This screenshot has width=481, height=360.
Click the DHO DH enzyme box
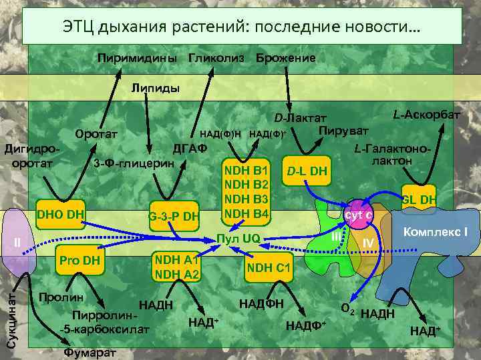click(x=61, y=215)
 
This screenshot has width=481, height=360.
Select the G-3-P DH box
click(x=174, y=215)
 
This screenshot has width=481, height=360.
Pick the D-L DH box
click(x=307, y=172)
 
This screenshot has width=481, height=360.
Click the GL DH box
click(x=418, y=199)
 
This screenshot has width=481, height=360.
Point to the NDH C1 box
click(x=267, y=268)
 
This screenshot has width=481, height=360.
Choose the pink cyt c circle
click(x=357, y=215)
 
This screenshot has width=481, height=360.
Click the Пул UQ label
click(x=242, y=237)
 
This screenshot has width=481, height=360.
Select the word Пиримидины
click(x=138, y=58)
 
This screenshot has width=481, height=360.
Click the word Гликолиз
click(x=216, y=58)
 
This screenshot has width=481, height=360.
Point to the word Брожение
click(x=285, y=58)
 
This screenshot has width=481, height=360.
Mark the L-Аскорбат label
click(x=426, y=115)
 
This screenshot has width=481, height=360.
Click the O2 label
click(x=347, y=309)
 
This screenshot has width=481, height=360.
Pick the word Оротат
click(x=97, y=134)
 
